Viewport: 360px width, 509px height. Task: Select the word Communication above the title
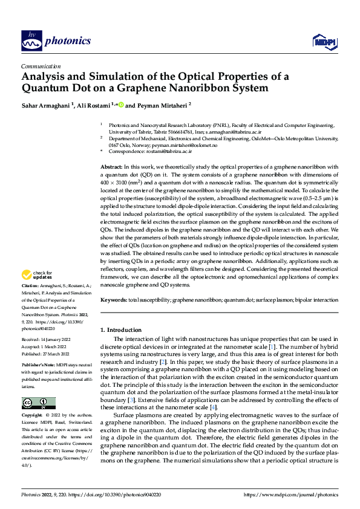[41, 66]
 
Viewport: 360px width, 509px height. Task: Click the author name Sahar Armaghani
[46, 104]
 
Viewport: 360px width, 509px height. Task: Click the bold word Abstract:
[111, 166]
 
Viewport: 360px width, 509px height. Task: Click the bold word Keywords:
[113, 300]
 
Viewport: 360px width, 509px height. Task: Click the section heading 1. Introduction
[120, 330]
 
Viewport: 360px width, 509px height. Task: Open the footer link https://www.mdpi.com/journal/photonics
[291, 495]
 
